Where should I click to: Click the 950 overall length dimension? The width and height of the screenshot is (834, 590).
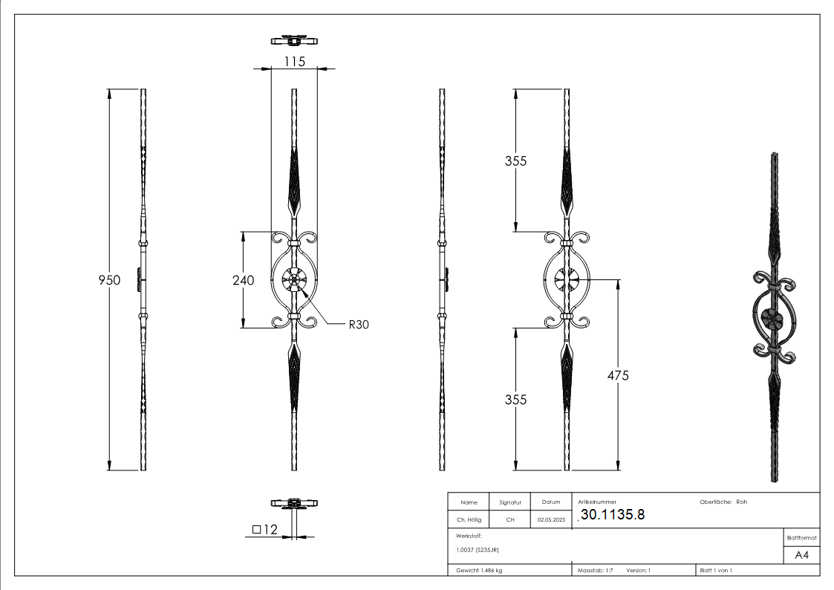110,280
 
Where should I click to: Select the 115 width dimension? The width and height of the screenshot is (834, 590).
295,62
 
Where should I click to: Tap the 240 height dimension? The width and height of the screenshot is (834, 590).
243,280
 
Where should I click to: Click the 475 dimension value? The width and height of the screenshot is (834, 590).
617,375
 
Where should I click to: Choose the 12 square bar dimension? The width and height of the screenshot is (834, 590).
265,530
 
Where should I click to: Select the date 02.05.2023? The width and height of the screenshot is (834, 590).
551,520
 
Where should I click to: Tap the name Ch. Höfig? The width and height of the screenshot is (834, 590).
469,520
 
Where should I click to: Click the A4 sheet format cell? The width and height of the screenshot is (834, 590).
801,555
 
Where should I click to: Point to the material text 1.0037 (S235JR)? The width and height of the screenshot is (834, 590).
478,550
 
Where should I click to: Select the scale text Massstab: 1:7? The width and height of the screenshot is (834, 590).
595,571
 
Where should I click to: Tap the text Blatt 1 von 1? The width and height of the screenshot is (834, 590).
716,571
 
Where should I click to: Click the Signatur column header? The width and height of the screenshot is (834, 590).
510,502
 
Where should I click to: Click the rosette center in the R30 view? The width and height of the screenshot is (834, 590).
295,280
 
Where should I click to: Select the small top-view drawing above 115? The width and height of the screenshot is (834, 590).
295,39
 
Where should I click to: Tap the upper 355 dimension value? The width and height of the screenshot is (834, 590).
515,161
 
